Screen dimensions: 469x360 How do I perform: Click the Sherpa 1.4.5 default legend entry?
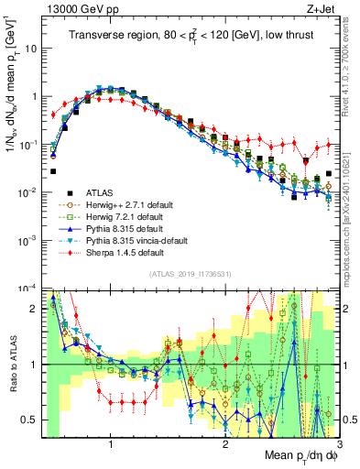tap(116, 251)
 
